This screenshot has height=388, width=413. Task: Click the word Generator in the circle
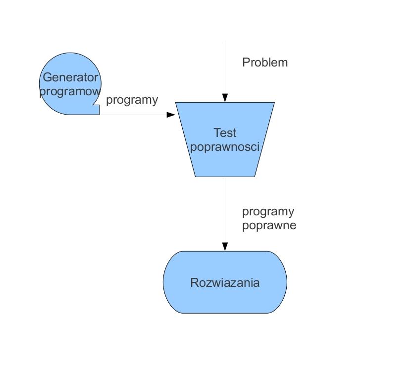pos(70,77)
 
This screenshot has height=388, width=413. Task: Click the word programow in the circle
pos(70,92)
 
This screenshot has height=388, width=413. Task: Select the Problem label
pos(265,63)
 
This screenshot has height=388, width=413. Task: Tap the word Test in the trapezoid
pos(225,133)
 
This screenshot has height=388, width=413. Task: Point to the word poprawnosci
pos(225,147)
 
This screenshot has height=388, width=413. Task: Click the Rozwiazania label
pos(225,283)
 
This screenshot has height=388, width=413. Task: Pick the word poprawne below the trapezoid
pos(269,226)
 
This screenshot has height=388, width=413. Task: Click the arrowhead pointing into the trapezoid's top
pos(225,98)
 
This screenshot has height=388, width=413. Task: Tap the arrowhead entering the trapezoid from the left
pos(171,115)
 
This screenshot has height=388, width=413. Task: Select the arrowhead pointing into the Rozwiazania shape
pos(225,247)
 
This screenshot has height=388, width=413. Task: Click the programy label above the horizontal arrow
pos(132,100)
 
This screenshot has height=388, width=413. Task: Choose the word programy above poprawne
pos(268,212)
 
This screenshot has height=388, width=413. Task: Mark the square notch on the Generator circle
pos(97,109)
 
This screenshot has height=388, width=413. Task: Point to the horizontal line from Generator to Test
pos(134,115)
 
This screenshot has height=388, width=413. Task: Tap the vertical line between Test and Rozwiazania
pos(225,210)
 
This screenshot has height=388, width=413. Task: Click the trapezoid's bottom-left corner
pos(195,177)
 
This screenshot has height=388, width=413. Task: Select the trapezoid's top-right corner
pos(274,102)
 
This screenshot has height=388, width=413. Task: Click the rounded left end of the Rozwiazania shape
pos(164,282)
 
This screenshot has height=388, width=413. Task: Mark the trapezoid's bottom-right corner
pos(255,177)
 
